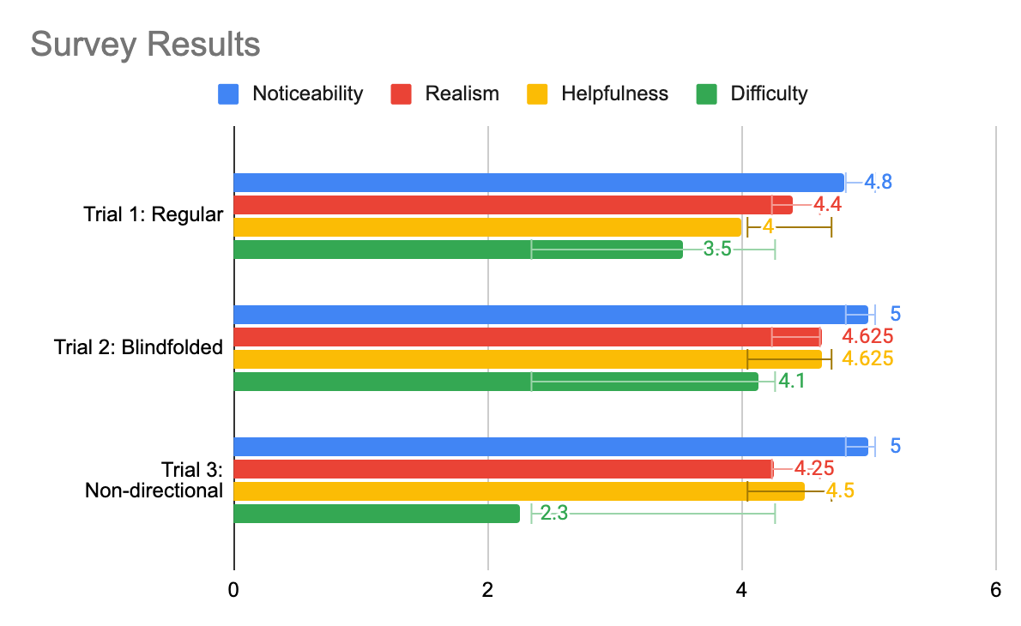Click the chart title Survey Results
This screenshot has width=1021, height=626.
[x=145, y=44]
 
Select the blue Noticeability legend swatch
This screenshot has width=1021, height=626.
[x=227, y=93]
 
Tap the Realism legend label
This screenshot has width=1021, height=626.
[x=462, y=93]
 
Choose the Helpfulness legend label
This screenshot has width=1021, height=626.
[x=614, y=93]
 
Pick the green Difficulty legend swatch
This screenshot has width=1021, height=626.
[x=706, y=93]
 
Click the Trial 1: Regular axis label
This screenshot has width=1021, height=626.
[x=154, y=214]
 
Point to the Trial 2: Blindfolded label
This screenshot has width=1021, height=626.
[x=138, y=347]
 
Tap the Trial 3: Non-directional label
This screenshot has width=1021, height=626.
[x=154, y=479]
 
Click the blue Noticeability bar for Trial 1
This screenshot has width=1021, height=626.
[x=539, y=183]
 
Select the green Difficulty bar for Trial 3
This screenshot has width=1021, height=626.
[x=377, y=513]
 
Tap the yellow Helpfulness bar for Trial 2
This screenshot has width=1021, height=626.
[x=528, y=358]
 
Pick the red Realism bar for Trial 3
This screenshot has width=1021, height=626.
[x=503, y=468]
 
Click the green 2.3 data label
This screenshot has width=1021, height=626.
[x=554, y=514]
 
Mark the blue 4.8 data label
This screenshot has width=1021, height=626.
[x=878, y=183]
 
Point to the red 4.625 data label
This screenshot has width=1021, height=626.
[x=867, y=336]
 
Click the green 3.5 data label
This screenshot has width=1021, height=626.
[x=717, y=250]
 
